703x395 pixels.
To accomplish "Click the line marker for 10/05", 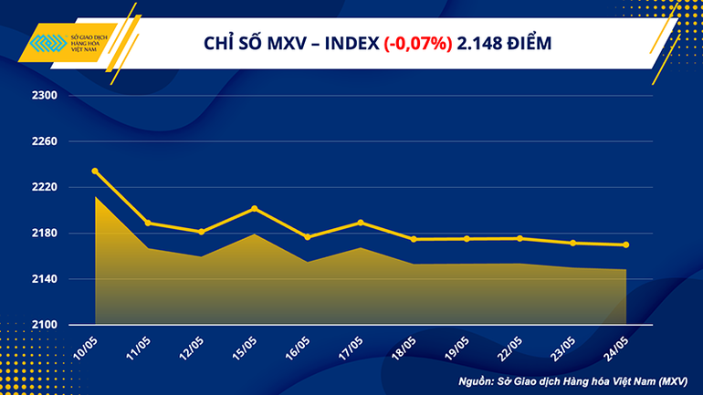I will click(96, 171).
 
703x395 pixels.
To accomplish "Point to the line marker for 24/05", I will click(626, 244).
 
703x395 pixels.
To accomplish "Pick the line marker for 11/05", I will click(149, 223).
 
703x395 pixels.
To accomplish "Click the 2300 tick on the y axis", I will click(46, 96).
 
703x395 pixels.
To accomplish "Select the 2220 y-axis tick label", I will click(46, 187).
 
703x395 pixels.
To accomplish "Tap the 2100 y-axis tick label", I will click(46, 325).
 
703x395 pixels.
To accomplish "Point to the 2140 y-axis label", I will click(46, 279).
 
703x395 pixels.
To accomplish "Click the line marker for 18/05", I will click(414, 239).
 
